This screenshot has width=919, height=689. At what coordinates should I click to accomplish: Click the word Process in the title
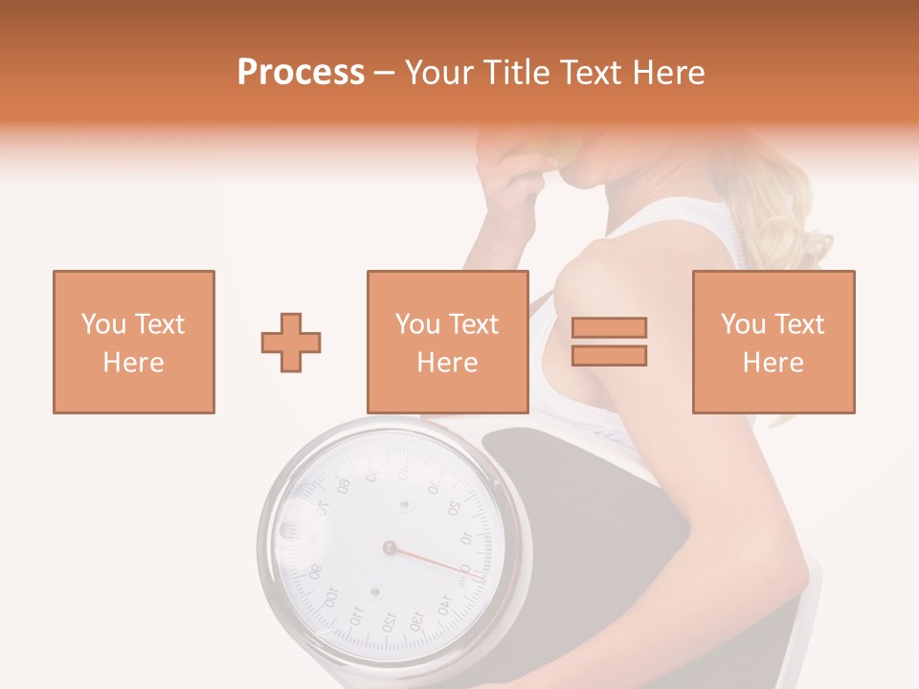(301, 73)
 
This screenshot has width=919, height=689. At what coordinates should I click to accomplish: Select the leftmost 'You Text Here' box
(133, 342)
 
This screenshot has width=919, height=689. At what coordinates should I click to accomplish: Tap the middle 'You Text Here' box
(447, 342)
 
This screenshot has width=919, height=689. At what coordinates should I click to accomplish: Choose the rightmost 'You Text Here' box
(773, 342)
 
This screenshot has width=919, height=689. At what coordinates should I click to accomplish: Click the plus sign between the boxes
(291, 342)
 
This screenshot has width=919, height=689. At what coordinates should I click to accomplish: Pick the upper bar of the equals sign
(609, 328)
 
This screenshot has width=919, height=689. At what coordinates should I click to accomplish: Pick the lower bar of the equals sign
(609, 355)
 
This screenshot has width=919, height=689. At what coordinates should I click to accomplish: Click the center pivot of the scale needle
(389, 547)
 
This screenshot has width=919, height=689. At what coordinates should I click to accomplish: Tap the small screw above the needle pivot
(404, 503)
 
